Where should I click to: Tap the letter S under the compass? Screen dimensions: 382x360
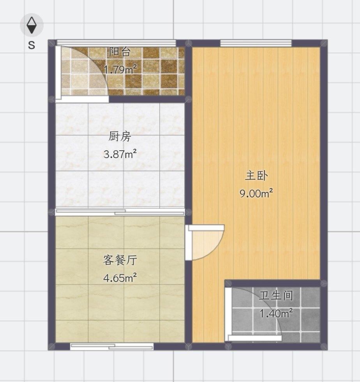[x=32, y=45]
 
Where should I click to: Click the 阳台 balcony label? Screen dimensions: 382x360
[x=120, y=52]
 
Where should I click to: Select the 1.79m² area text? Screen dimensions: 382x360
[x=120, y=70]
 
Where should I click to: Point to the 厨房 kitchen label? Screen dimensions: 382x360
[x=120, y=137]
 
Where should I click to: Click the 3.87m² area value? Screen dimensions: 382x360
[x=120, y=154]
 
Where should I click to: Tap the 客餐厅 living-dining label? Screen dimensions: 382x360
[x=120, y=260]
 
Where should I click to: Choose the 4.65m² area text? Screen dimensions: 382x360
[x=120, y=278]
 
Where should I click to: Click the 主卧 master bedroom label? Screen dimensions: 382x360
[x=256, y=176]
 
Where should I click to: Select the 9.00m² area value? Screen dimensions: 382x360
[x=256, y=194]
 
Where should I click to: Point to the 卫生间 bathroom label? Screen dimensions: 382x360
[x=276, y=296]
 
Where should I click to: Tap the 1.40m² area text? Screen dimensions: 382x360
[x=276, y=313]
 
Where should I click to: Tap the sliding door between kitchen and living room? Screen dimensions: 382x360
[x=120, y=212]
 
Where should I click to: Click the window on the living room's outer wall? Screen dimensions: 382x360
[x=112, y=346]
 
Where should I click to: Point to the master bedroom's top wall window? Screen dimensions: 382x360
[x=256, y=43]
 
